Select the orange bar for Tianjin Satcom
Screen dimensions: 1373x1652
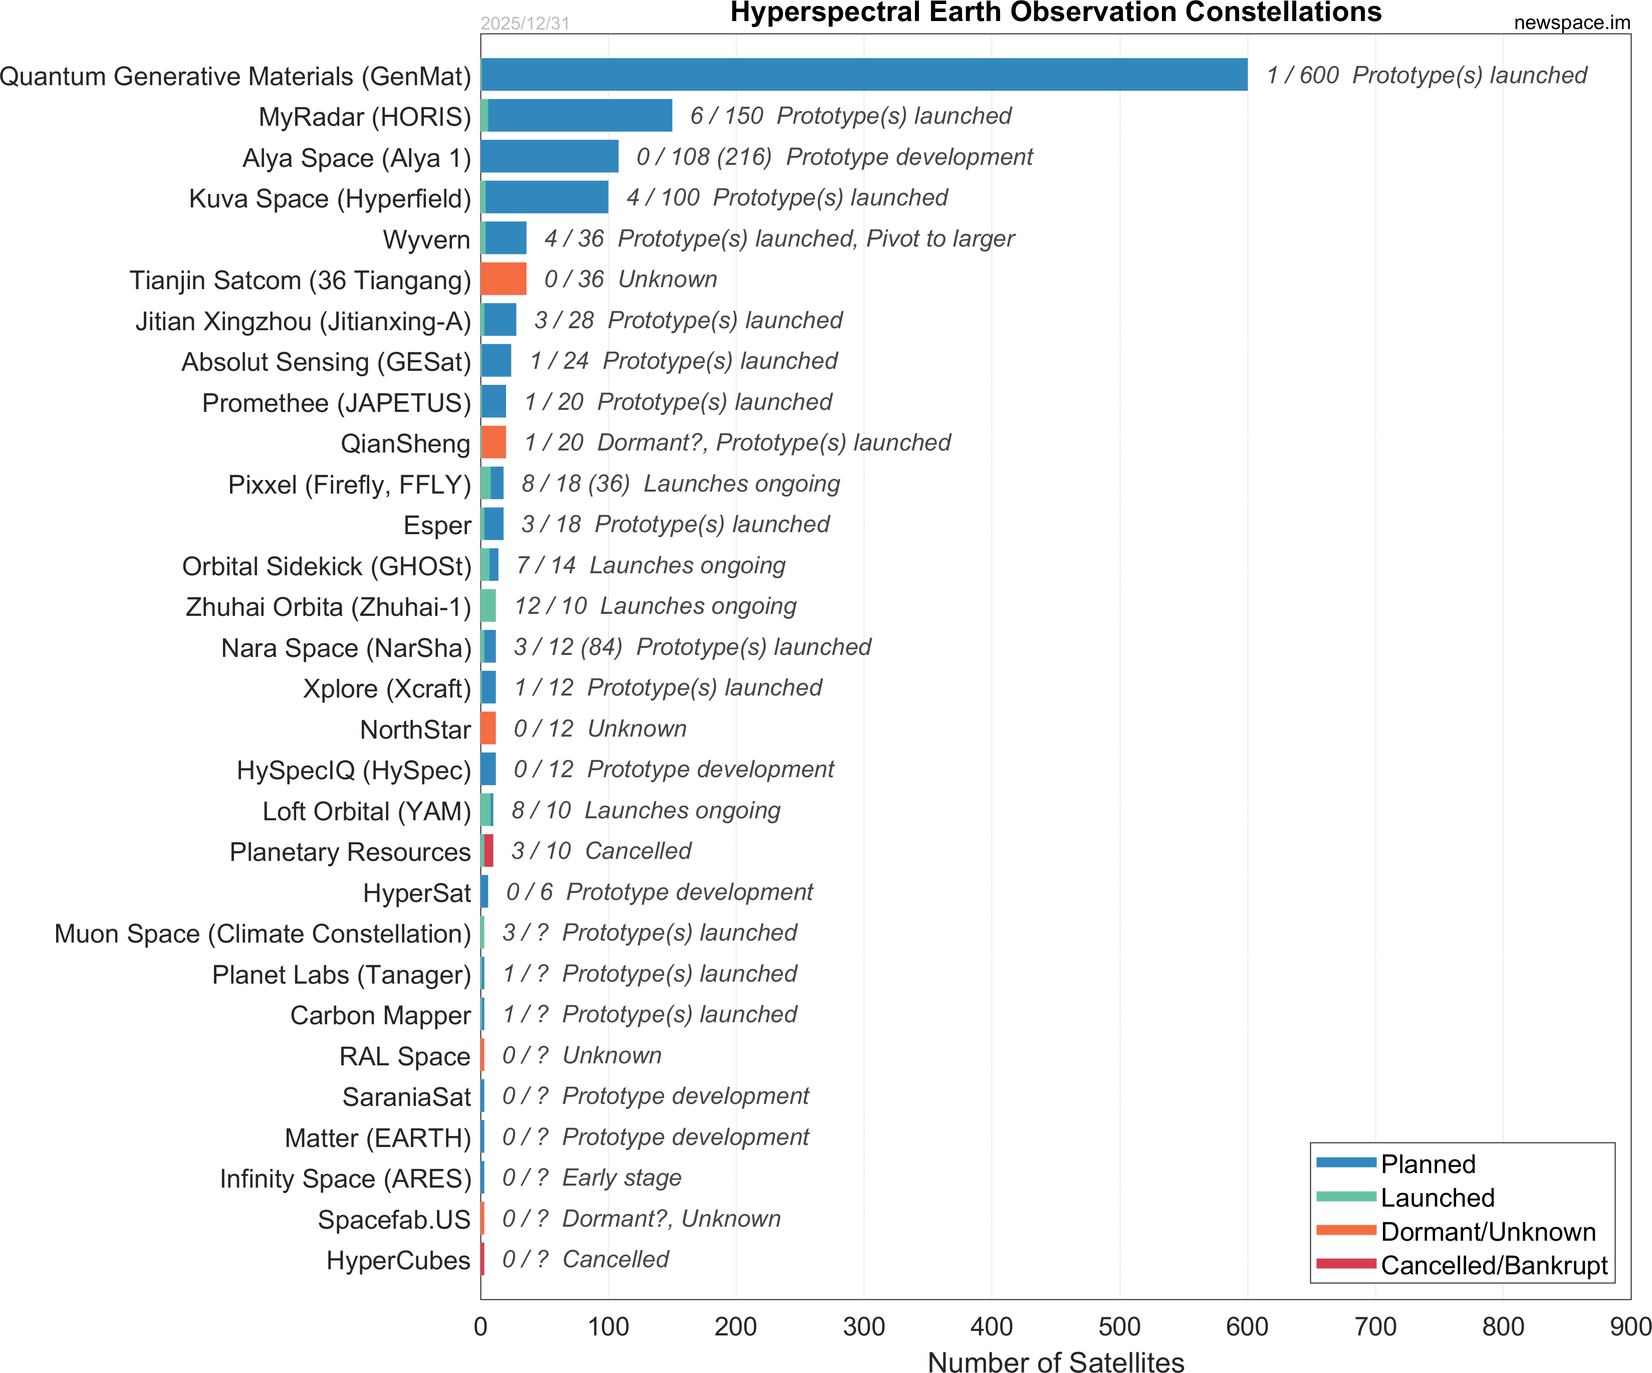[x=504, y=279]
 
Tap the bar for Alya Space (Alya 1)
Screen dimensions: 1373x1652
[x=550, y=156]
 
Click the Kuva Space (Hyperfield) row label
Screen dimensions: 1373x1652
[x=330, y=198]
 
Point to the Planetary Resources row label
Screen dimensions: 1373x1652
[x=350, y=852]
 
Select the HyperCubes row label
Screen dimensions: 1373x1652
[x=398, y=1260]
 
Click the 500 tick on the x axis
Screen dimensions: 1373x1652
[x=1119, y=1326]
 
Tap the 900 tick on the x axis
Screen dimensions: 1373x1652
[x=1630, y=1326]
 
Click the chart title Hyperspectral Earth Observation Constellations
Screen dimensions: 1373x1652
[x=1056, y=13]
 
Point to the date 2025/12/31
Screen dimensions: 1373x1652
[x=525, y=24]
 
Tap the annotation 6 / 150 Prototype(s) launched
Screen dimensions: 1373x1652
[x=850, y=116]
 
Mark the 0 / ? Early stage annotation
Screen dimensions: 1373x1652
[x=592, y=1178]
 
